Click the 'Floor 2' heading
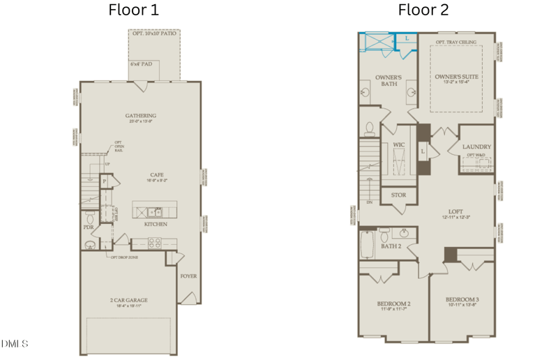(x=423, y=10)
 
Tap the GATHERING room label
(x=141, y=116)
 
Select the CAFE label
(x=156, y=175)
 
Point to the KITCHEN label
(x=156, y=225)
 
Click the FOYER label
(x=188, y=276)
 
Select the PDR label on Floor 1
(x=89, y=227)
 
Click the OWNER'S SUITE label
(x=458, y=75)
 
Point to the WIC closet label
(x=399, y=145)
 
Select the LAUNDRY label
(x=477, y=147)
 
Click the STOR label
(x=399, y=195)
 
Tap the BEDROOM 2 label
(x=393, y=304)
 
